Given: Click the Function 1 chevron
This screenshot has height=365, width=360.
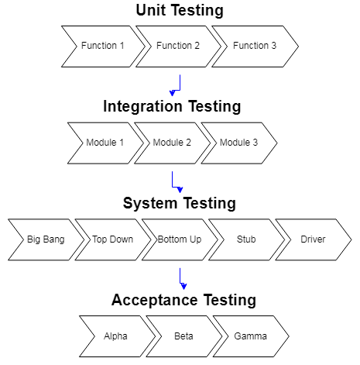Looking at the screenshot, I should point(102,46).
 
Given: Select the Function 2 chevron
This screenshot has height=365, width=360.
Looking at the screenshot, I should point(178,46).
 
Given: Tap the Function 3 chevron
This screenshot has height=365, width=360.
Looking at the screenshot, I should point(255,46).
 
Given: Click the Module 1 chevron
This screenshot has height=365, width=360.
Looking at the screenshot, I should point(105,143).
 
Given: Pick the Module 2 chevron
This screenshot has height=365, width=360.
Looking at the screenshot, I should point(172,143).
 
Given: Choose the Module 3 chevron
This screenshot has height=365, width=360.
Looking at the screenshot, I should point(239,143).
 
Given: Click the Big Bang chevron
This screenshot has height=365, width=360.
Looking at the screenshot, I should point(46,239).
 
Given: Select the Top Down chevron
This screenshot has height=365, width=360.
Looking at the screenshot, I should point(112,239).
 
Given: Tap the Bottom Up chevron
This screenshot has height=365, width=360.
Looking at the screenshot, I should point(179,239).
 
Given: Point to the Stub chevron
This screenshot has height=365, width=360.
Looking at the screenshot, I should point(246,239).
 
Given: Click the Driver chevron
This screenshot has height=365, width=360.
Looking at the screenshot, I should point(313,239).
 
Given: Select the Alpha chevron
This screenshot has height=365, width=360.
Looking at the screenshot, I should point(116,336).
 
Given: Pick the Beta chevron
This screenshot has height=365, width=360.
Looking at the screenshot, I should point(183,336).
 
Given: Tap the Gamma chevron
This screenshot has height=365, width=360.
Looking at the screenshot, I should point(250,336).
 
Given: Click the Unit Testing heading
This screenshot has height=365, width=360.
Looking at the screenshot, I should point(180,11).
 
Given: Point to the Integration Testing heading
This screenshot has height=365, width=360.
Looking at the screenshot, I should point(172,106).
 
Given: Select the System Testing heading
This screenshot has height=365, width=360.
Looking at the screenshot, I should point(179,203).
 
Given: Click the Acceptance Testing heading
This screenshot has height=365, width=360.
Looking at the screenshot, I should point(183,300).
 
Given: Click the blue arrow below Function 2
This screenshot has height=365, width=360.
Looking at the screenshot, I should point(177,84).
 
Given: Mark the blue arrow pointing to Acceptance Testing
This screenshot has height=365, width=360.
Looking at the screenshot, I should point(181,278).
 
